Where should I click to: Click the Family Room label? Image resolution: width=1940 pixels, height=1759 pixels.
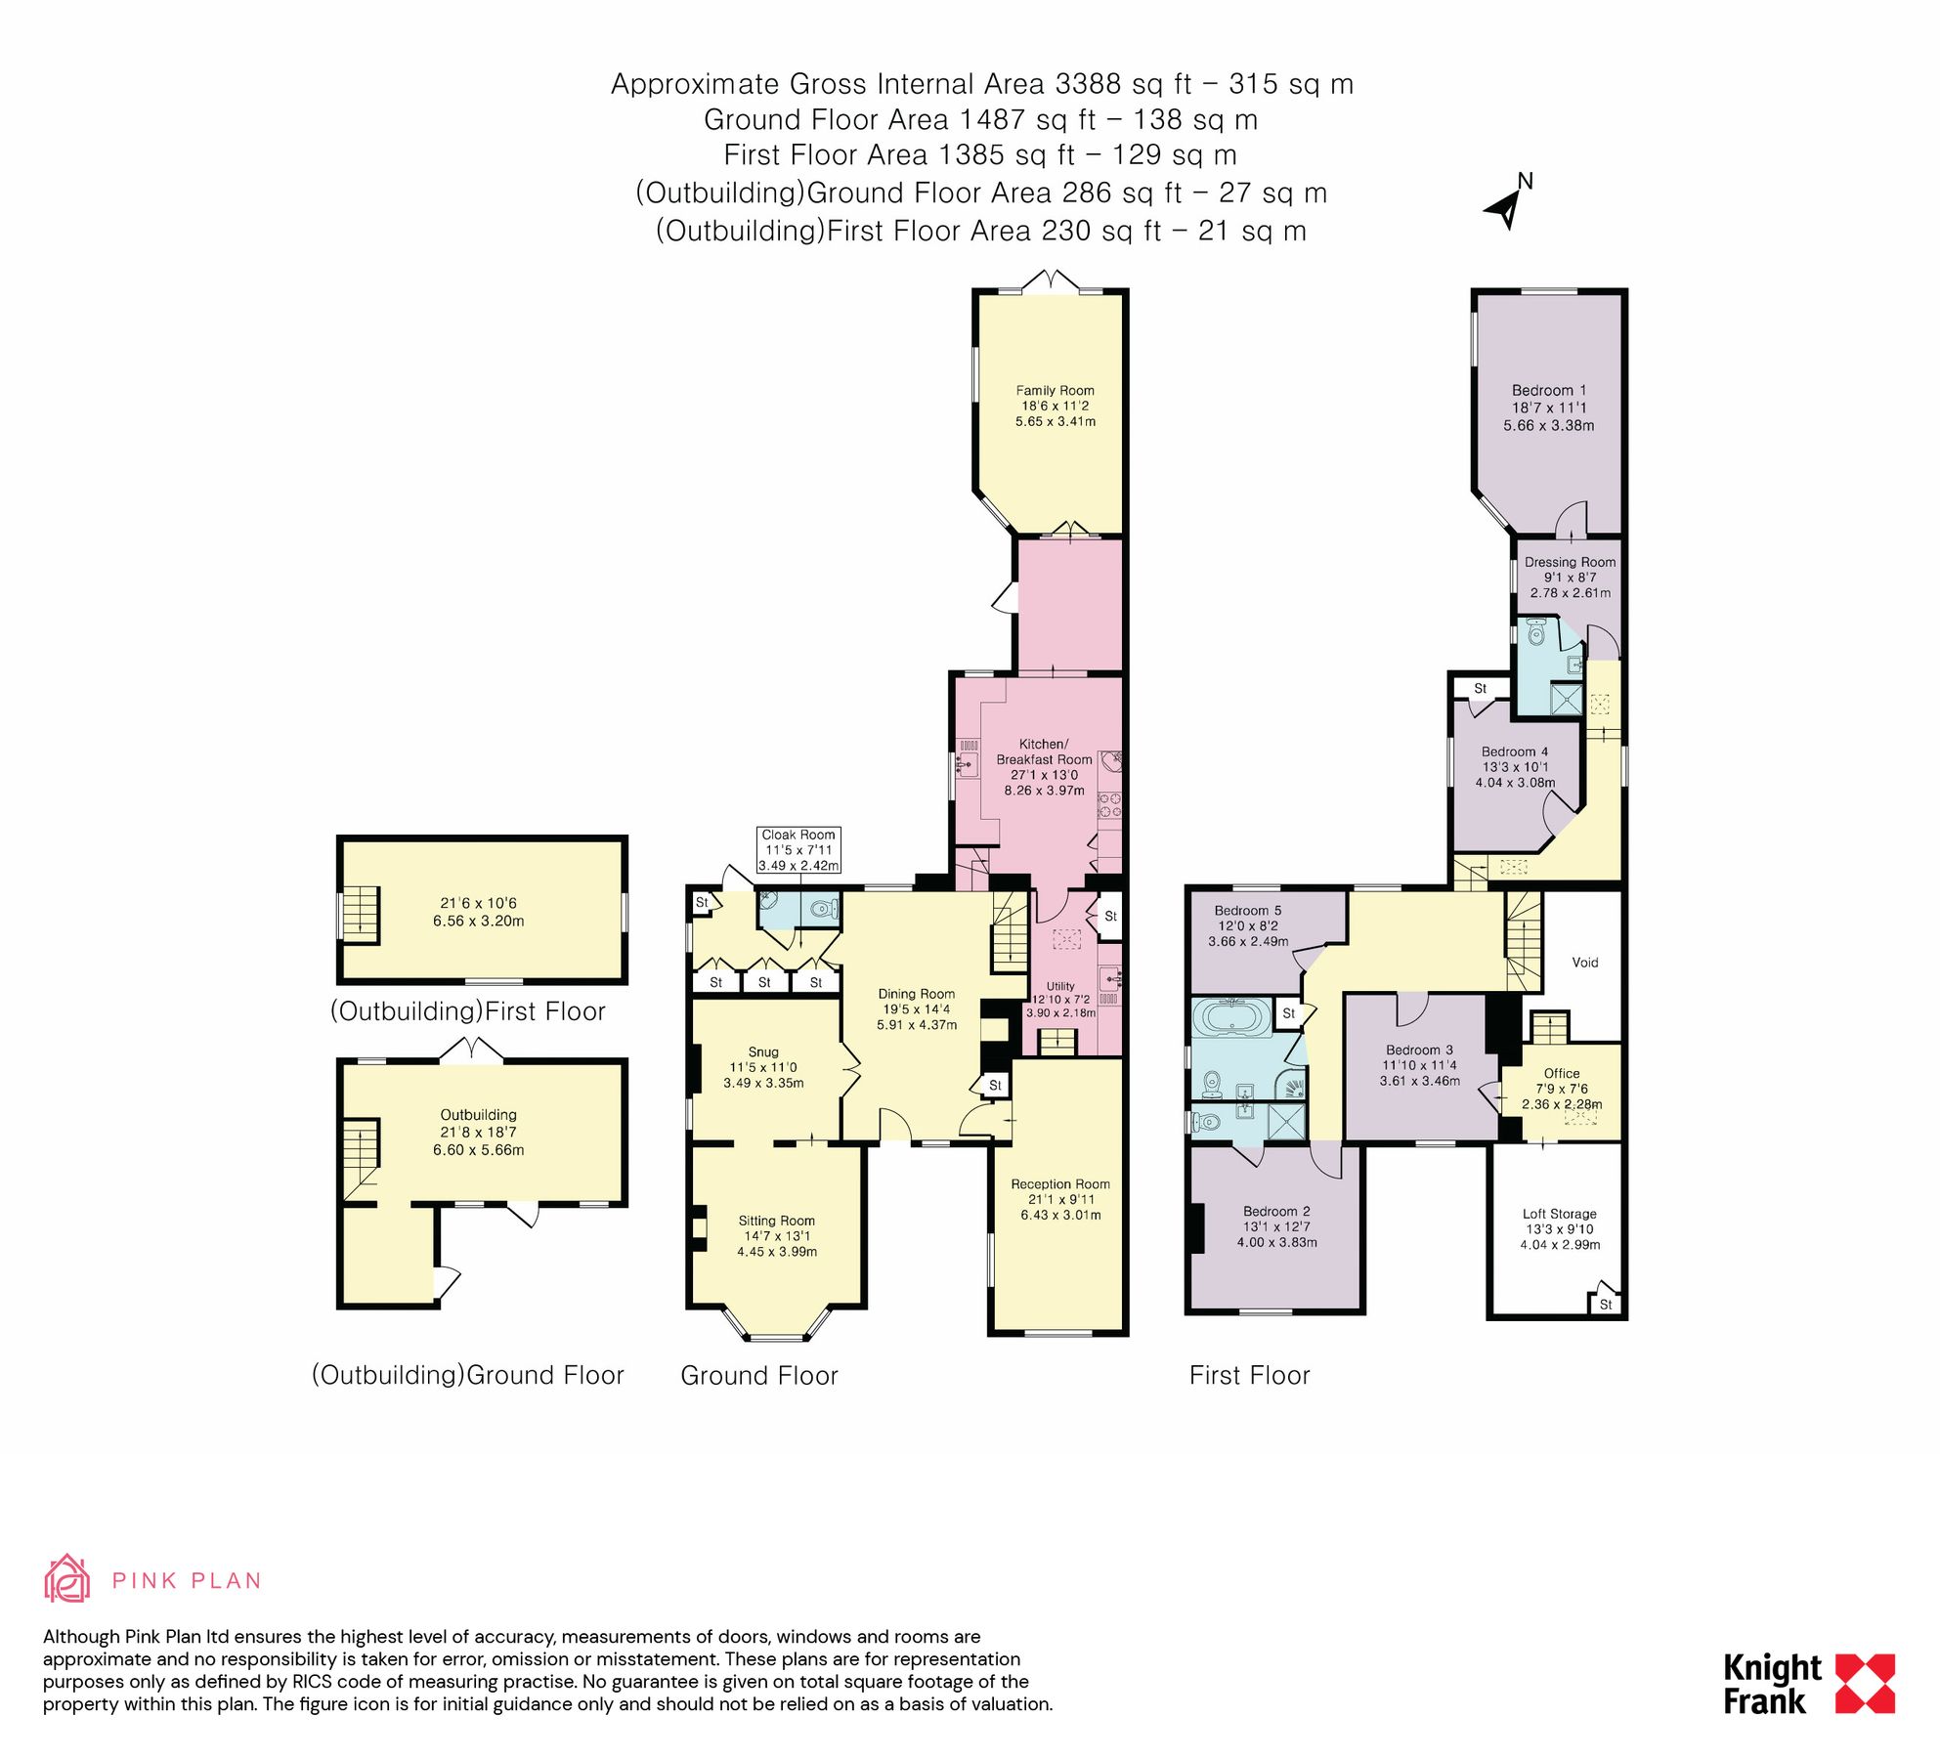(x=1055, y=390)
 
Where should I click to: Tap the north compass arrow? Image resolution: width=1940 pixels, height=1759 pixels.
(x=1504, y=208)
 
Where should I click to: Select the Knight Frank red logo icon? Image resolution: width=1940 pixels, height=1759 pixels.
(x=1865, y=1684)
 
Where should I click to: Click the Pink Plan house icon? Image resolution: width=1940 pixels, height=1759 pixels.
(x=67, y=1579)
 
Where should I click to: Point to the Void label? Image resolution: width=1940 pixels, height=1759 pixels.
(x=1584, y=963)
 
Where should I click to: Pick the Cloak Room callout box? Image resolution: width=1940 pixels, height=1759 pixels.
(x=798, y=849)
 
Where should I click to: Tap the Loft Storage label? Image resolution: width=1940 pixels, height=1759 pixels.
(x=1559, y=1214)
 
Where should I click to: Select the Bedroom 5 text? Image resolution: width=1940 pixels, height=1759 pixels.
(x=1247, y=910)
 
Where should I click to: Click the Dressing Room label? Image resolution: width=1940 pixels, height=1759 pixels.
(x=1570, y=562)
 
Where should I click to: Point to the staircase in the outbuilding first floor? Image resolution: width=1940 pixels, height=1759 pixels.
(x=360, y=913)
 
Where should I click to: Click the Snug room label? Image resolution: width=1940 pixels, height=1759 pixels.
(x=763, y=1051)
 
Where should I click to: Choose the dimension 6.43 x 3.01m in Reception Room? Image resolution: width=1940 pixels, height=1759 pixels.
(x=1060, y=1215)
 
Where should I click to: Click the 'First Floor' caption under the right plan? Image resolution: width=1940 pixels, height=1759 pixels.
(x=1249, y=1375)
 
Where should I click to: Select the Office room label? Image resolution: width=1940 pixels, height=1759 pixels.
(x=1561, y=1073)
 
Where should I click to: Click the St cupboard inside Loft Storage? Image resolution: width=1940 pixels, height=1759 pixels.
(x=1605, y=1304)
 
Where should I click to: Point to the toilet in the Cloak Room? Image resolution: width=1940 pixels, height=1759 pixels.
(x=824, y=910)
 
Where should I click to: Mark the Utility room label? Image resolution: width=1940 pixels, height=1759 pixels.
(x=1060, y=986)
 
